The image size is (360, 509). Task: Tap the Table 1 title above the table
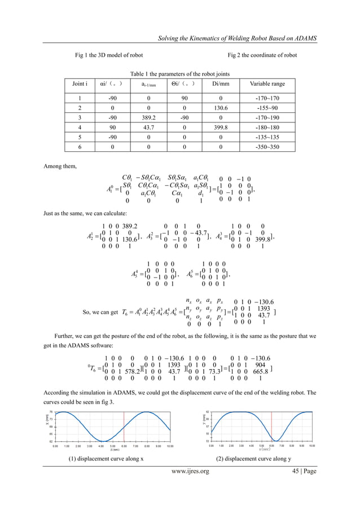point(180,74)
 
